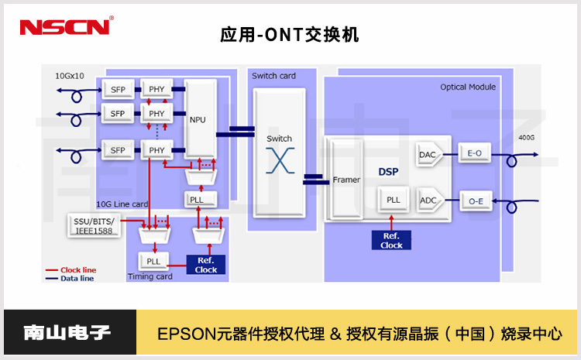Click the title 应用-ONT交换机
[x=290, y=35]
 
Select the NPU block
[x=198, y=120]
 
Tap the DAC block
[x=428, y=154]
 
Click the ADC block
[x=428, y=200]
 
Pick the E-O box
[x=474, y=154]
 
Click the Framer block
[x=346, y=179]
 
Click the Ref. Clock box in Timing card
[x=206, y=265]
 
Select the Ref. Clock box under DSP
[x=391, y=240]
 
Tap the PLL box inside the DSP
[x=394, y=200]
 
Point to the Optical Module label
[x=468, y=87]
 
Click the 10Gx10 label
[x=69, y=77]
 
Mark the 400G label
[x=527, y=137]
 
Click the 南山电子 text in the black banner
[x=67, y=334]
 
